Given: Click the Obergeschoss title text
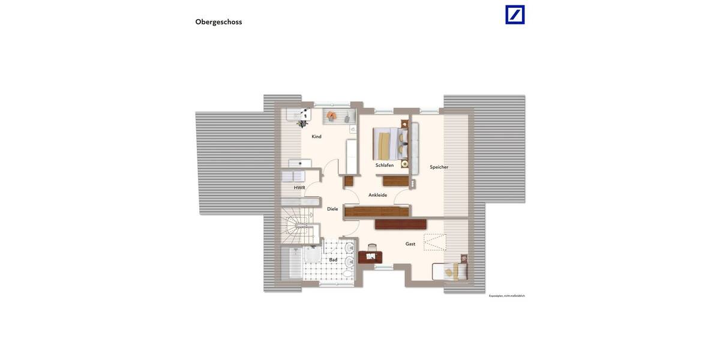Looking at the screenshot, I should click(x=218, y=22).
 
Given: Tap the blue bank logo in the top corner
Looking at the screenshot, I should click(x=515, y=14).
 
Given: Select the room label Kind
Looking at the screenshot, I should click(x=316, y=137).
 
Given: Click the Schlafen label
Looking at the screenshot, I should click(x=385, y=165).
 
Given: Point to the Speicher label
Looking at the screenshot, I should click(x=439, y=167).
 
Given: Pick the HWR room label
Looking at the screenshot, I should click(x=299, y=188).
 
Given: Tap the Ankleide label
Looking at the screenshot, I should click(x=377, y=195).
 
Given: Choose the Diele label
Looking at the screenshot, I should click(x=332, y=209).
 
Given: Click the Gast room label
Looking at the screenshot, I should click(x=410, y=244).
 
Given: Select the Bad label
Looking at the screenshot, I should click(x=333, y=260).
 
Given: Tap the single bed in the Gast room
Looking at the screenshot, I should click(x=449, y=272).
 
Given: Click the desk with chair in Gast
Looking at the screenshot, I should click(x=370, y=256).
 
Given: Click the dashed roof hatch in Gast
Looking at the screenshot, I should click(x=435, y=242).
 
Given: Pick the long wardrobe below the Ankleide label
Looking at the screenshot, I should click(x=377, y=211).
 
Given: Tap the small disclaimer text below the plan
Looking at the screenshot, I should click(x=506, y=296).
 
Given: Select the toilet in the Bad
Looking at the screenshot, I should click(x=348, y=274).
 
